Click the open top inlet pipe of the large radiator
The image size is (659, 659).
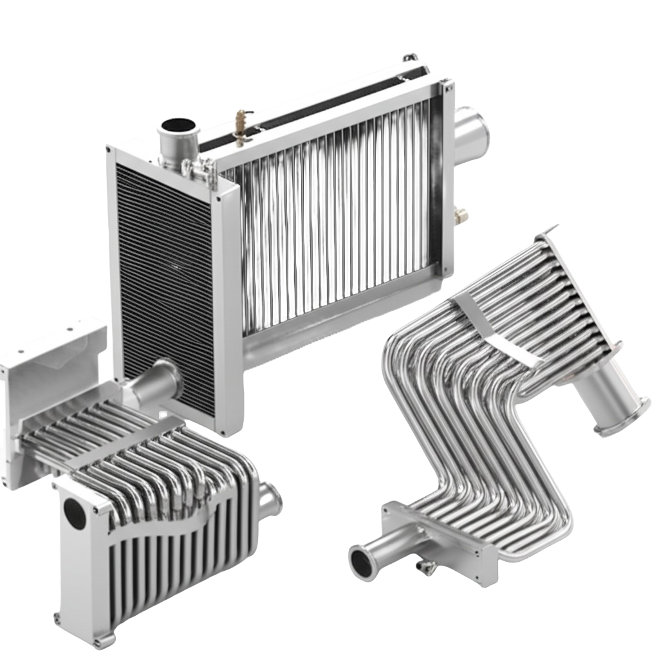(x=174, y=125)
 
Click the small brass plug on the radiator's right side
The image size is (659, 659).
(x=461, y=212)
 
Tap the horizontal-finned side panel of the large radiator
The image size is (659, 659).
(x=164, y=270)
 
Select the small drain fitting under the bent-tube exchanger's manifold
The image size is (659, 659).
(x=425, y=566)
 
